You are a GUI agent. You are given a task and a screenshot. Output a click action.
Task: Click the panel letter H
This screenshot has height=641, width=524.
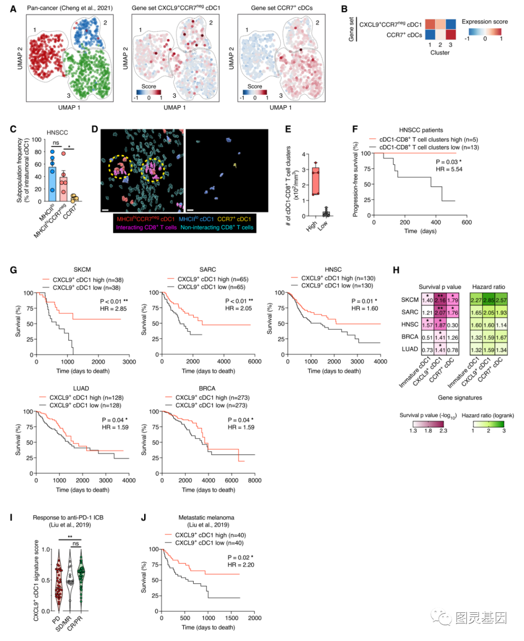pos(396,270)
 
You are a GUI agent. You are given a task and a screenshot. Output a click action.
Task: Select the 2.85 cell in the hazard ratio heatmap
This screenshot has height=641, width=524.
pos(489,300)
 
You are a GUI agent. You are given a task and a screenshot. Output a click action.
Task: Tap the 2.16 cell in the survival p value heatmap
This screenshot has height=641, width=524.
pos(440,300)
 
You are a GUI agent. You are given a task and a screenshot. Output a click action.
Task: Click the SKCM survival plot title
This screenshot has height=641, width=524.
pos(82,270)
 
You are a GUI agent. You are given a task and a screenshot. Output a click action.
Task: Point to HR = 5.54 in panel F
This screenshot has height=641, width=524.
pos(449,169)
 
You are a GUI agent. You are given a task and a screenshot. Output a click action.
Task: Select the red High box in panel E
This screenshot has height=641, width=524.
pos(316,181)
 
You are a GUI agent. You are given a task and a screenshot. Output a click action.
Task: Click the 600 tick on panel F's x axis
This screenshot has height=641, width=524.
pos(466,222)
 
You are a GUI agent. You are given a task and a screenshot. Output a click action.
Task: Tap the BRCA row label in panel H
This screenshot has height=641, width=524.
pos(409,337)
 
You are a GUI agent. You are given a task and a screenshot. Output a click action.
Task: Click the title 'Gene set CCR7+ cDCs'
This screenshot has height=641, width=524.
pos(281,8)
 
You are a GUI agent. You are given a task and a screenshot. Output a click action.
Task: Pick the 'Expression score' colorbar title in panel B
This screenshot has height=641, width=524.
pos(484,22)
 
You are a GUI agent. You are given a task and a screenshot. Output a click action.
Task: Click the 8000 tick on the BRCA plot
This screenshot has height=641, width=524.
pos(254,480)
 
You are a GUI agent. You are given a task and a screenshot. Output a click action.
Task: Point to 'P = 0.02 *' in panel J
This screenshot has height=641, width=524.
pos(240,557)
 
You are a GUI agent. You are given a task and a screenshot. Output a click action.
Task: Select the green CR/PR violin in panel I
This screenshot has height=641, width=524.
pos(81,578)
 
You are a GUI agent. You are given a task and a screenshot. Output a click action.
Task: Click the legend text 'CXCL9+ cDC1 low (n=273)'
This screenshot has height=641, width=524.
pos(211,405)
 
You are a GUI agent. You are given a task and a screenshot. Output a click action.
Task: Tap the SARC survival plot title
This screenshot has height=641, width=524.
pos(207,270)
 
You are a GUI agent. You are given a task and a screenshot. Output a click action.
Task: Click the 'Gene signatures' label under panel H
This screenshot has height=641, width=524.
pos(459,398)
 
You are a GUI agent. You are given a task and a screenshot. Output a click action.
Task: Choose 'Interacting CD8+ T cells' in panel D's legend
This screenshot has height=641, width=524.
pos(146,227)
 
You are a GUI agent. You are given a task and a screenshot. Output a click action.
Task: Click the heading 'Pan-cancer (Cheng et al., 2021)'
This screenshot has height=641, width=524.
pos(69,8)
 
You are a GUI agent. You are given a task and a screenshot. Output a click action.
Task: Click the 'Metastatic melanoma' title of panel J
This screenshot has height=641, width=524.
pos(206,518)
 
